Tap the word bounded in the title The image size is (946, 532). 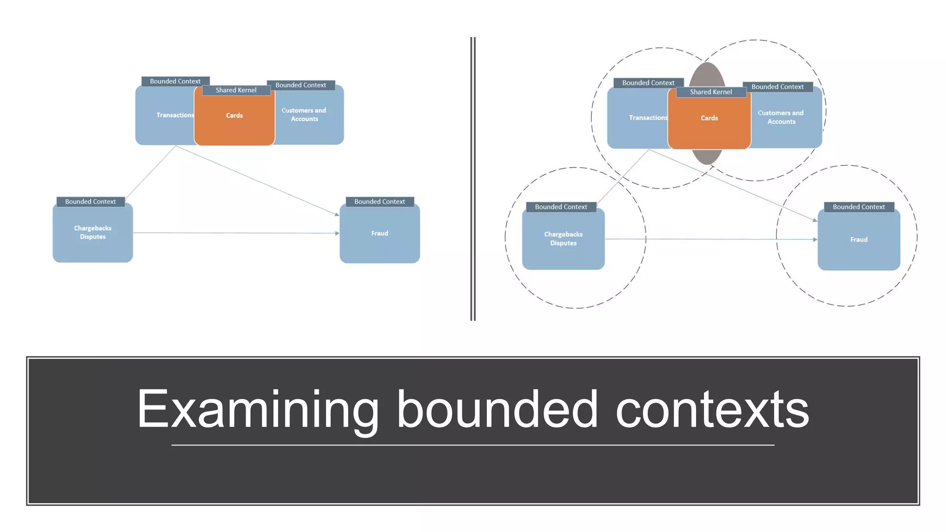click(x=497, y=409)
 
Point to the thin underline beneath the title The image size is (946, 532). click(x=473, y=445)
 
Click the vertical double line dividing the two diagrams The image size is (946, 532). click(x=473, y=179)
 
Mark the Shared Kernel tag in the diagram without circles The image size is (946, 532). click(x=236, y=90)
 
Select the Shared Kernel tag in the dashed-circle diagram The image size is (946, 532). click(x=711, y=92)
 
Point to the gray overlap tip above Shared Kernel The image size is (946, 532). click(x=707, y=74)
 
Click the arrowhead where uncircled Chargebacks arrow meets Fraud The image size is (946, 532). click(x=337, y=233)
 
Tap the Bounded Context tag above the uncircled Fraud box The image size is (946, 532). click(x=379, y=202)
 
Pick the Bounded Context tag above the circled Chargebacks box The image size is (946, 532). click(x=561, y=207)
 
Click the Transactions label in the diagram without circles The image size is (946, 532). click(x=175, y=115)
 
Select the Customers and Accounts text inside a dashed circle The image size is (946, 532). click(x=781, y=117)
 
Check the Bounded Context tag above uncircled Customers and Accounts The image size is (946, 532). click(x=301, y=85)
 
